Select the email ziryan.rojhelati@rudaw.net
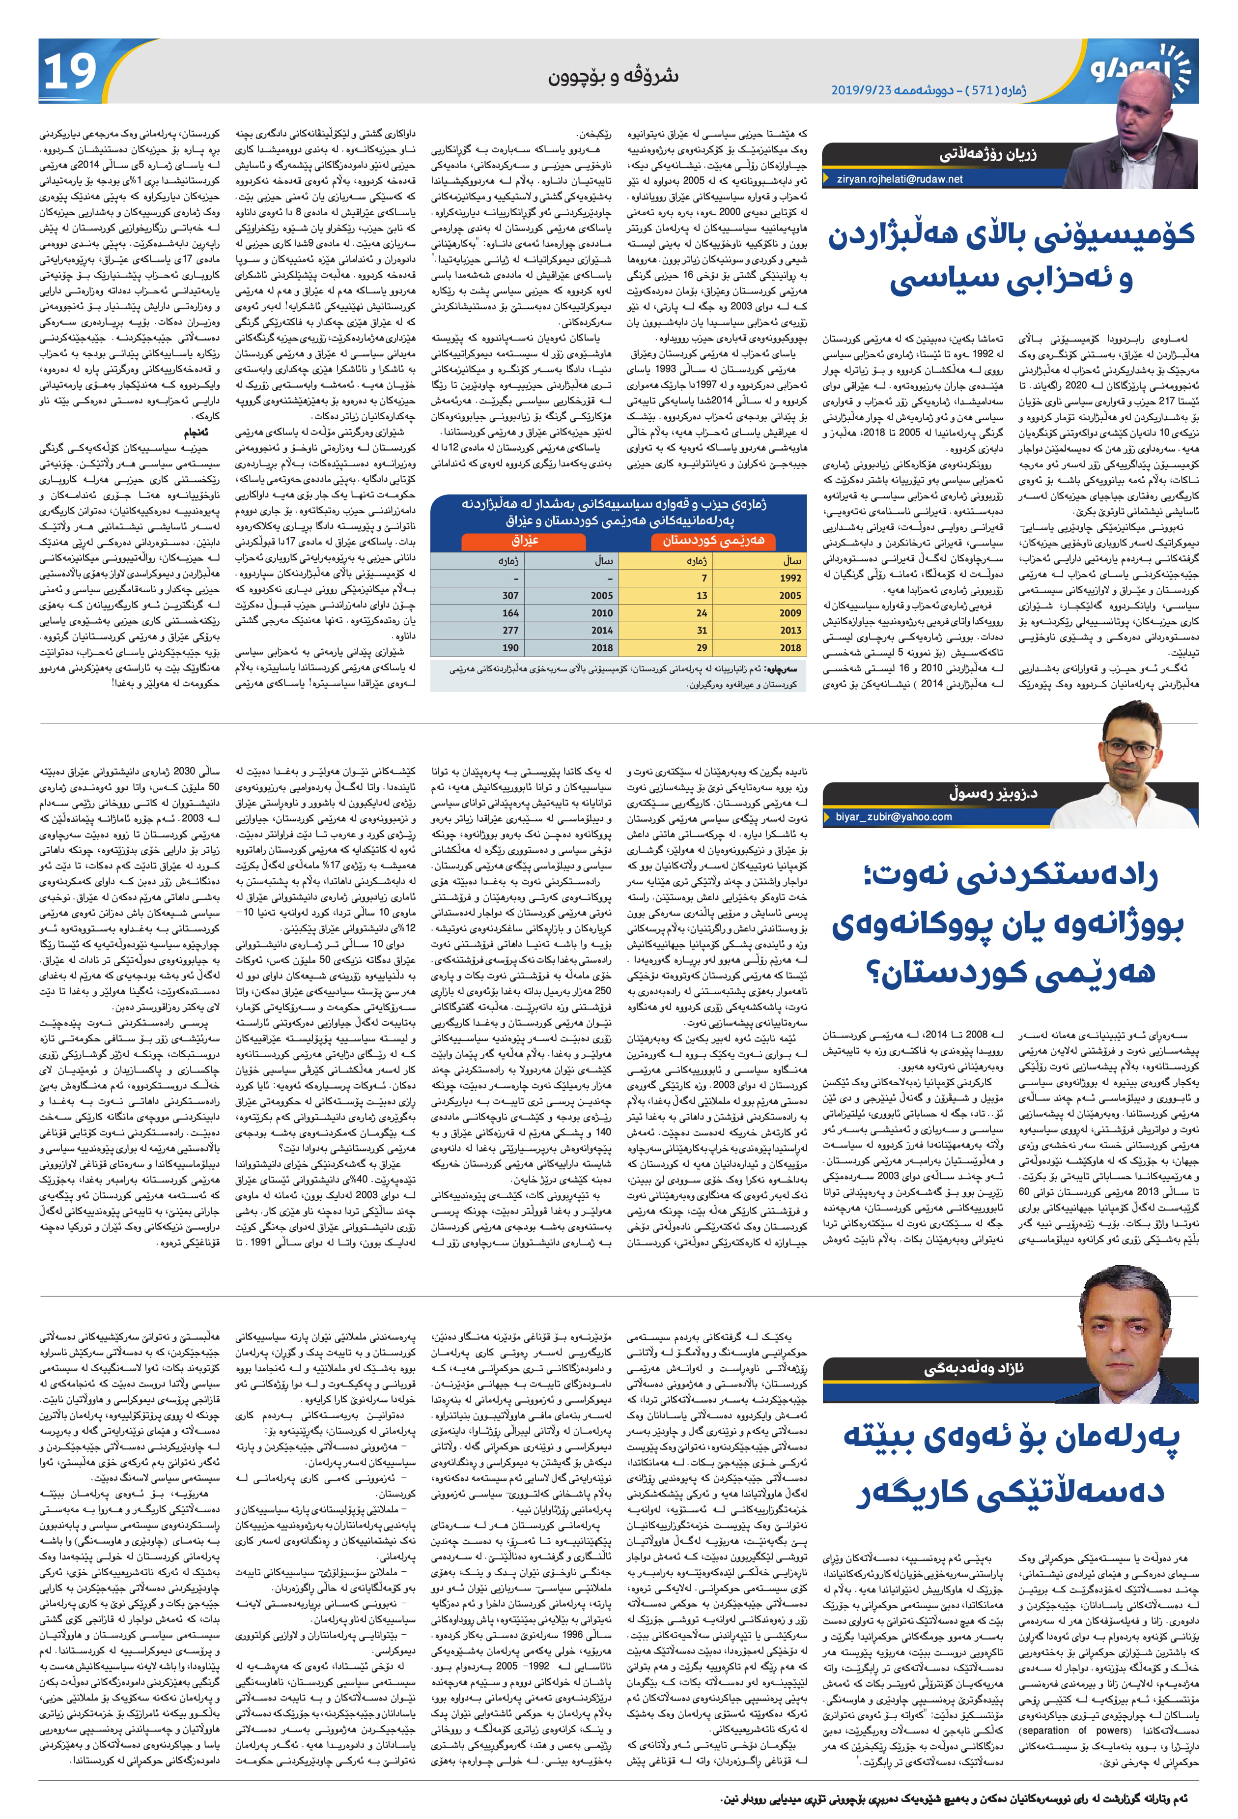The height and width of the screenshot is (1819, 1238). pos(900,179)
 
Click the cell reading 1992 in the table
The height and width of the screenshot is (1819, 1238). pos(790,578)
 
